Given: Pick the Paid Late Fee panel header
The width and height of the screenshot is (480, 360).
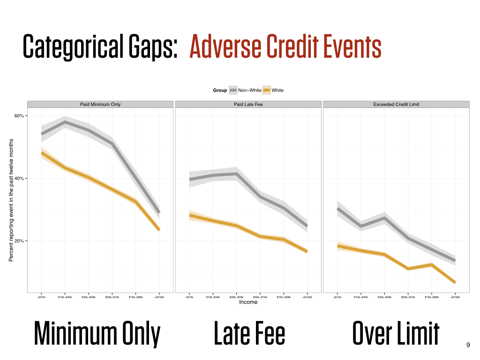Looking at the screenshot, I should click(248, 104).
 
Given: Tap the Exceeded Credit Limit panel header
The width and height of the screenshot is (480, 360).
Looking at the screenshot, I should click(396, 104).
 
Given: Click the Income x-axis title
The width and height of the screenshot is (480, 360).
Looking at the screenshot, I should click(248, 302).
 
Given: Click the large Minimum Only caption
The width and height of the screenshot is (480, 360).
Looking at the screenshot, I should click(97, 334).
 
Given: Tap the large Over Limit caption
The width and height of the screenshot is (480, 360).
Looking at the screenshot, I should click(396, 334).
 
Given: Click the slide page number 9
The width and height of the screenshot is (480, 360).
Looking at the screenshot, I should click(468, 345).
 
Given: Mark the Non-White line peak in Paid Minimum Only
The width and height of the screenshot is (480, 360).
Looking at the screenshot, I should click(65, 122).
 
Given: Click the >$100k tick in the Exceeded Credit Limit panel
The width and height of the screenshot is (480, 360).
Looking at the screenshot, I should click(455, 297).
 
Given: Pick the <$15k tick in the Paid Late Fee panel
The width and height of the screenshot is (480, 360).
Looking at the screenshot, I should click(189, 297).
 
